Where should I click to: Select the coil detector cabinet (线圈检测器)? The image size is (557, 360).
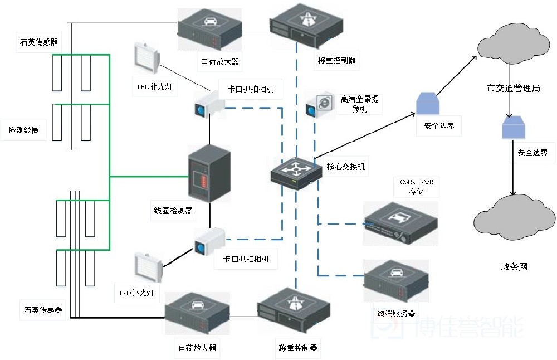208,174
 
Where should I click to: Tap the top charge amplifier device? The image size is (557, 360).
209,30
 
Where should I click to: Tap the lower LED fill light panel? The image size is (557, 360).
148,267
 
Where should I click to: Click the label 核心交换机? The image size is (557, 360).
346,166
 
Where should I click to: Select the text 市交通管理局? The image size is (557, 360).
513,88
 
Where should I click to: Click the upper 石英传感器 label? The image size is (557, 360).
40,42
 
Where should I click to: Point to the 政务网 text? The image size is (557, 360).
514,267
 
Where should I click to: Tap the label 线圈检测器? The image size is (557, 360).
173,211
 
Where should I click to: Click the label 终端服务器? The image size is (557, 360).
395,313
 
